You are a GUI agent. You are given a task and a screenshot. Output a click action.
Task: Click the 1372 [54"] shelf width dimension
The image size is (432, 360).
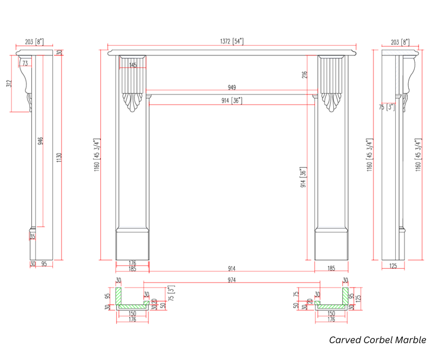[232, 41]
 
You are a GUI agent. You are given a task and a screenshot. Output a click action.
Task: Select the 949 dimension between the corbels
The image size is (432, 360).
[232, 87]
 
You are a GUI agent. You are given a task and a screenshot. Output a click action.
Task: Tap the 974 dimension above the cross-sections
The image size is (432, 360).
[232, 280]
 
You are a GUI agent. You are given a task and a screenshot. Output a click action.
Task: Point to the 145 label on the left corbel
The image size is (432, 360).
[133, 65]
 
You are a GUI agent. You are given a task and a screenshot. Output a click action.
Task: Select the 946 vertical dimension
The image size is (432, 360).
[41, 141]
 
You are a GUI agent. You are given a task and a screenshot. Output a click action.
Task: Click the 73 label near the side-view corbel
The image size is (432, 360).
[25, 64]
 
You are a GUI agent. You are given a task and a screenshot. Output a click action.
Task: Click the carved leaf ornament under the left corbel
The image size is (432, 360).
[133, 103]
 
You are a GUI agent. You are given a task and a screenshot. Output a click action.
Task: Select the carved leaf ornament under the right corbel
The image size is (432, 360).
[332, 103]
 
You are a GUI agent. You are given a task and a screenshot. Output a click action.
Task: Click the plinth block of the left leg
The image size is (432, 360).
[132, 245]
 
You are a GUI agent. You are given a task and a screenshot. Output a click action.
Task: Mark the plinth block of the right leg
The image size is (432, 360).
[332, 245]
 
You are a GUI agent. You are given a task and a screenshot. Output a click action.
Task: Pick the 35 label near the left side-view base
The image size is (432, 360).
[32, 236]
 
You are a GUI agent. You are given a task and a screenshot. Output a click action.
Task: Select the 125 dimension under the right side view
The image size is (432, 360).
[393, 266]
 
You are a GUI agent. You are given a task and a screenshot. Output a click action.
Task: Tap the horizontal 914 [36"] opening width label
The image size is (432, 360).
[232, 100]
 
